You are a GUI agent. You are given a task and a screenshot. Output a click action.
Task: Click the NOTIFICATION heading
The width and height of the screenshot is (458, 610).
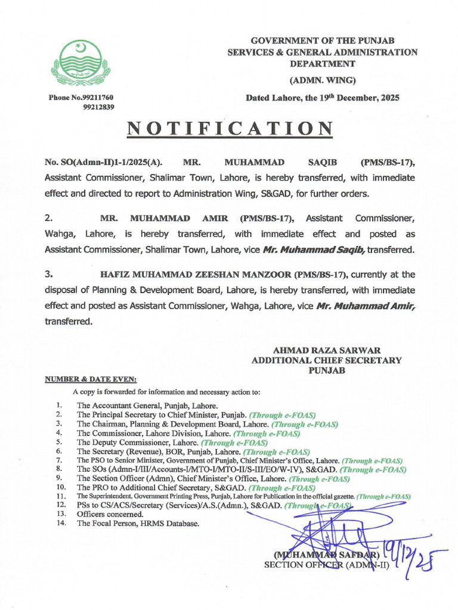230,128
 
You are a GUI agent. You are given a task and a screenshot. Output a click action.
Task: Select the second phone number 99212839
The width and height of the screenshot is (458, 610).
98,107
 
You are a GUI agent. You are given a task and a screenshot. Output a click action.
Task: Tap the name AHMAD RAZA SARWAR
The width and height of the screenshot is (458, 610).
326,350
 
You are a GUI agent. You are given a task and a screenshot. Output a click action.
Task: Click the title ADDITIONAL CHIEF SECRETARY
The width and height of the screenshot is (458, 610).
326,360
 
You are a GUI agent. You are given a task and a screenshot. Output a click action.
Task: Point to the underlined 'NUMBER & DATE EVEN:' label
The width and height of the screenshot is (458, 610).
91,379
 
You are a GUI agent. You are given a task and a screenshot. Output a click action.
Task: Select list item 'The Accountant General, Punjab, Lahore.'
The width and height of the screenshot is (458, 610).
147,405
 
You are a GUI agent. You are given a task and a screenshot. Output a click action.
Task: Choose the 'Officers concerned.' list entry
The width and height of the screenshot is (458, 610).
110,514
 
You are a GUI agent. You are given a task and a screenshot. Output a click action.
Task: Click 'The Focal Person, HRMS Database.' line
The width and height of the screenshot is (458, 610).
138,524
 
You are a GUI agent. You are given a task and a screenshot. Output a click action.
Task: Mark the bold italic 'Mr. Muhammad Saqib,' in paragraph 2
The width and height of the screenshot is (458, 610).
314,250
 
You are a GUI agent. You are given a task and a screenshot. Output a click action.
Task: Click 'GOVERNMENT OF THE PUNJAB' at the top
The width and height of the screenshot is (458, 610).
322,41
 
